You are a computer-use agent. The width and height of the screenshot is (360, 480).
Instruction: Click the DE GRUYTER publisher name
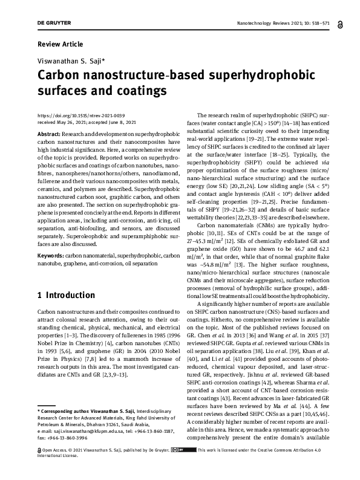pyautogui.click(x=54, y=23)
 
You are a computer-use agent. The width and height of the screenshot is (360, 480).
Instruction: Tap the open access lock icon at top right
pyautogui.click(x=342, y=24)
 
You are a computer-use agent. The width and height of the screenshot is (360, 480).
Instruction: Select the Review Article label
pyautogui.click(x=61, y=45)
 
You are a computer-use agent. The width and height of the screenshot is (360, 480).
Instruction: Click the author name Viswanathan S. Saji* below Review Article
pyautogui.click(x=71, y=62)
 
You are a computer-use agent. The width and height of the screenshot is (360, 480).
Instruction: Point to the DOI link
pyautogui.click(x=81, y=115)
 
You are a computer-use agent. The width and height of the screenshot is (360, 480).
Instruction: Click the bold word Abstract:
pyautogui.click(x=50, y=133)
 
